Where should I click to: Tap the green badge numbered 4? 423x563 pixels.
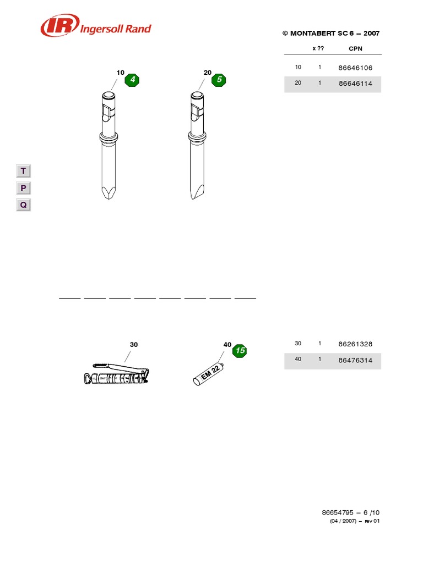pos(132,80)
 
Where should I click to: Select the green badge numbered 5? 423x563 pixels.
pos(219,80)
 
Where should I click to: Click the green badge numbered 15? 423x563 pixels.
pos(240,350)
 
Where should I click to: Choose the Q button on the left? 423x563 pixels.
pos(23,205)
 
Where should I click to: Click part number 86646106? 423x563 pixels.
pos(355,68)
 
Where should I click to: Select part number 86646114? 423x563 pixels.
pos(355,84)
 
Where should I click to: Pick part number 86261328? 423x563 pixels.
pos(355,344)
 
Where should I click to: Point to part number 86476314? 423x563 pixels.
pos(355,361)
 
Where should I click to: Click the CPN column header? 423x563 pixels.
pos(355,48)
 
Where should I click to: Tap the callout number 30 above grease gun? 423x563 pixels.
pos(134,345)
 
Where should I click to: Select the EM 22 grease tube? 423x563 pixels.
pos(209,374)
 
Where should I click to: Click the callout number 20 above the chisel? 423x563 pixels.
pos(207,73)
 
